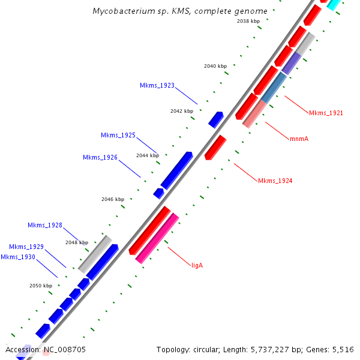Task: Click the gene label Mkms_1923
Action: click(x=157, y=86)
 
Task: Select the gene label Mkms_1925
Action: click(x=118, y=135)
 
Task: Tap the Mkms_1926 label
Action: click(x=100, y=157)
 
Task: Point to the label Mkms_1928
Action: click(x=45, y=225)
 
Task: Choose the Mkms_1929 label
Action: click(x=26, y=247)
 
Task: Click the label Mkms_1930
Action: click(x=18, y=257)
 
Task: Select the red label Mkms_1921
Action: click(x=326, y=113)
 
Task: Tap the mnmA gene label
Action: click(x=299, y=139)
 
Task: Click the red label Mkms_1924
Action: click(x=275, y=181)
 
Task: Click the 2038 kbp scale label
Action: click(x=248, y=21)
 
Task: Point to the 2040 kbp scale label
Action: click(x=215, y=66)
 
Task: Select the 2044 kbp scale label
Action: click(x=148, y=155)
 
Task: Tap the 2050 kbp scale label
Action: click(x=41, y=286)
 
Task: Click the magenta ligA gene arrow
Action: click(x=157, y=238)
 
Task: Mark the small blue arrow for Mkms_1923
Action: click(x=216, y=119)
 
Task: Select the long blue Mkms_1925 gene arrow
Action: click(x=176, y=170)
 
